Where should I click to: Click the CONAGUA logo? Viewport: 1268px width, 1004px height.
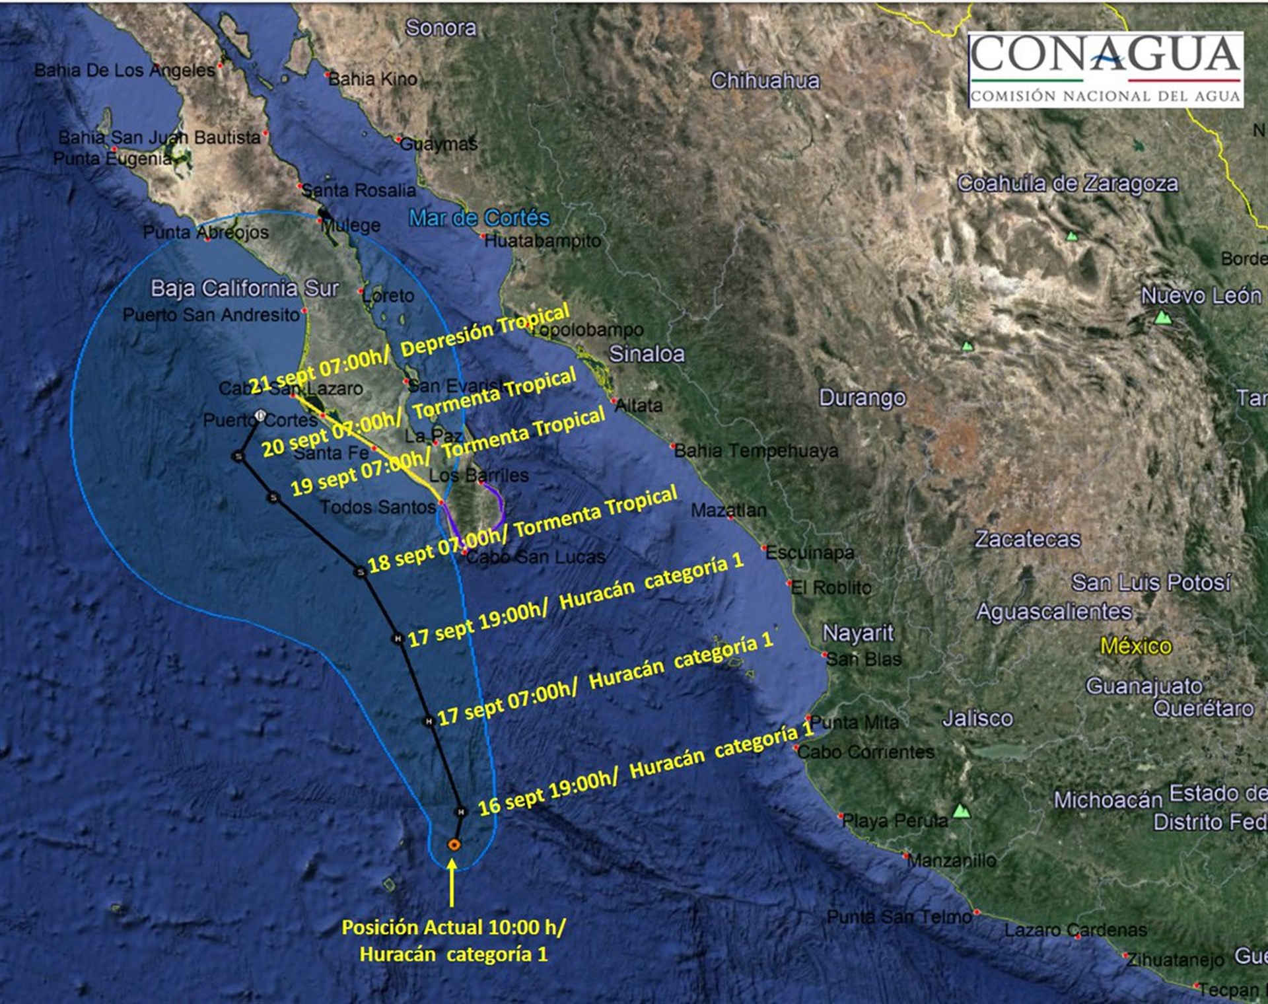tap(1106, 69)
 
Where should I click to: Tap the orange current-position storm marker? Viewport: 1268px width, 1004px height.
tap(454, 844)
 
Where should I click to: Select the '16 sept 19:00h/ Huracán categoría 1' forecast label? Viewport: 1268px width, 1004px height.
tap(646, 770)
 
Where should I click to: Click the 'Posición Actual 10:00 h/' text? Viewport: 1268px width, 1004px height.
tap(453, 927)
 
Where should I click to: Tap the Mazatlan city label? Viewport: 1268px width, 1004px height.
tap(728, 510)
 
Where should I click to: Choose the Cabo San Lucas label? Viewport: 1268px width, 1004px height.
tap(536, 557)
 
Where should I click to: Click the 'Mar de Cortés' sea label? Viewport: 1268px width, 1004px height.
tap(479, 217)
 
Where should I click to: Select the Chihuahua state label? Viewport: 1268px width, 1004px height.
tap(765, 81)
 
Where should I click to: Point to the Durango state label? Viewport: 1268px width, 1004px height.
tap(862, 398)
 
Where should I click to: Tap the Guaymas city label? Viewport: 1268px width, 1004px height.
tap(439, 143)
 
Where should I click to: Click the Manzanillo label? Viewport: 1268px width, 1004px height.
tap(952, 860)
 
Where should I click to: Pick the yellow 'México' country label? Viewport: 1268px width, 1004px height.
tap(1135, 645)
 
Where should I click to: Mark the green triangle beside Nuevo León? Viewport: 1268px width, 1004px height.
tap(1162, 318)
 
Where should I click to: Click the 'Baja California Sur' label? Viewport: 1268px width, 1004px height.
tap(244, 288)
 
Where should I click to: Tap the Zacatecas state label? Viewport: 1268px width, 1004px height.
tap(1028, 539)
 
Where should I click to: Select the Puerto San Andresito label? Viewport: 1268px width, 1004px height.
tap(211, 314)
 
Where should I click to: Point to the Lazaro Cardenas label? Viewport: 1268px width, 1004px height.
tap(1075, 930)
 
